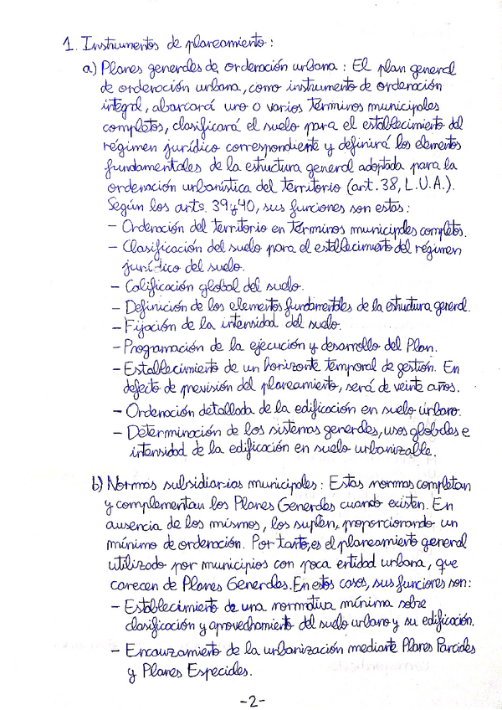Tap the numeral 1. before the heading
(x=69, y=43)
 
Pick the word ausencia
(x=125, y=525)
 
